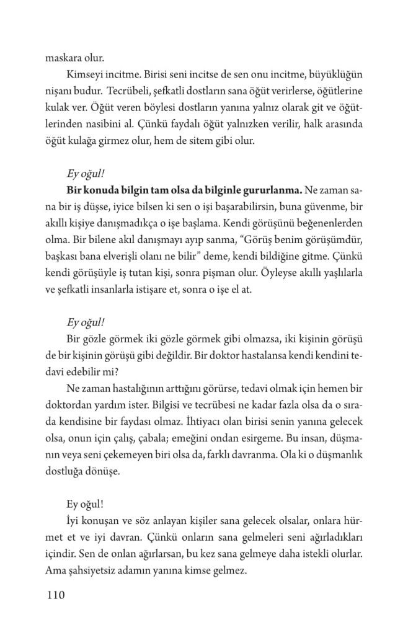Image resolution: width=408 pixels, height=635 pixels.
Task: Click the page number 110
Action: click(56, 596)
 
